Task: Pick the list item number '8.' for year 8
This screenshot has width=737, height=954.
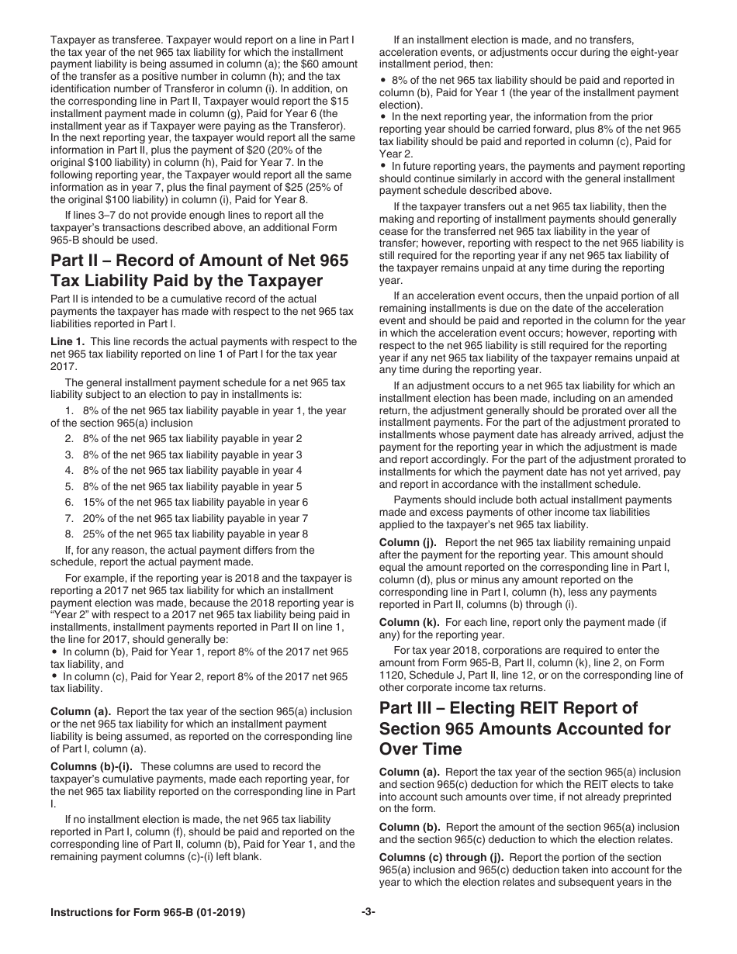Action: (x=70, y=534)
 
